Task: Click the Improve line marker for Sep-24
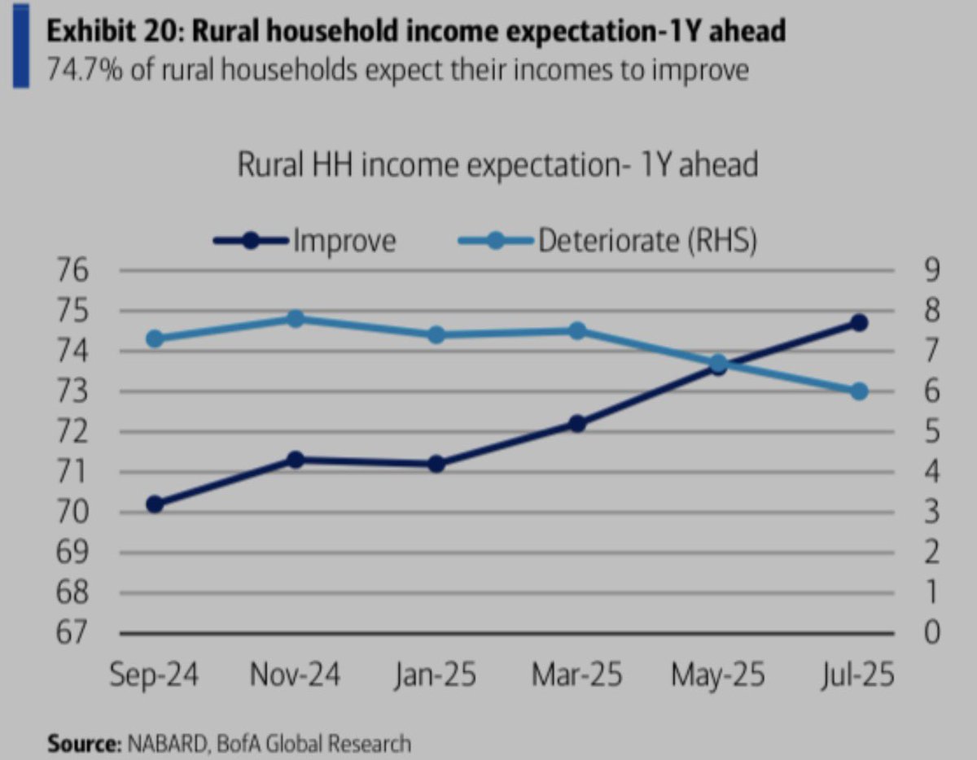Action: point(156,504)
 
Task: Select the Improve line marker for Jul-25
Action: point(858,323)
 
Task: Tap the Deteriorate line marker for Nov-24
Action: point(296,318)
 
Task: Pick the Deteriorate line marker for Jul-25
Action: point(858,391)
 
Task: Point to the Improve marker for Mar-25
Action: point(577,423)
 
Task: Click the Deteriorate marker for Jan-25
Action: point(436,334)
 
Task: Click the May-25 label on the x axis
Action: point(717,675)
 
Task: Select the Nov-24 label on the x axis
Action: point(295,675)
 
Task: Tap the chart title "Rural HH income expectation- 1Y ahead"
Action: point(497,165)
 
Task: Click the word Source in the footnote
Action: point(81,743)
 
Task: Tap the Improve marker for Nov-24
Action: point(296,460)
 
